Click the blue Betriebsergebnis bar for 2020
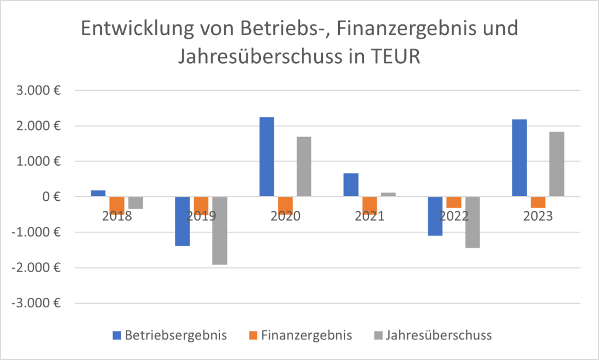pyautogui.click(x=266, y=157)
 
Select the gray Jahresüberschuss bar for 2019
pyautogui.click(x=219, y=231)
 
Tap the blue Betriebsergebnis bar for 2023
pyautogui.click(x=519, y=158)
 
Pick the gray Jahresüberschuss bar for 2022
pyautogui.click(x=472, y=222)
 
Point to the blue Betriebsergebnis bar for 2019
pyautogui.click(x=183, y=221)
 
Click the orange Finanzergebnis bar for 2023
pyautogui.click(x=538, y=203)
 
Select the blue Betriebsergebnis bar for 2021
pyautogui.click(x=350, y=185)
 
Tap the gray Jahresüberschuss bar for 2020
pyautogui.click(x=304, y=167)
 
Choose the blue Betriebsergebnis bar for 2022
pyautogui.click(x=435, y=216)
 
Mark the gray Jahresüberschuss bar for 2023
pyautogui.click(x=556, y=164)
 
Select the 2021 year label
pyautogui.click(x=369, y=216)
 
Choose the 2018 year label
pyautogui.click(x=116, y=216)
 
